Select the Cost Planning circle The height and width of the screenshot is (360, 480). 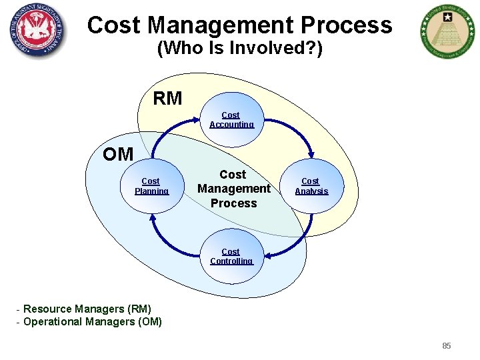tap(151, 186)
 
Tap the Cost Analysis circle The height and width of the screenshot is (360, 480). tap(311, 186)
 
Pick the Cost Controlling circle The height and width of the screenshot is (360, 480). tap(231, 256)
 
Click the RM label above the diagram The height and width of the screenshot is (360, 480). tap(167, 99)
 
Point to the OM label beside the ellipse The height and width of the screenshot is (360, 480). tap(118, 155)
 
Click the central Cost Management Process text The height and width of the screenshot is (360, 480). tap(233, 189)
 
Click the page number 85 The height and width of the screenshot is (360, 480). tap(447, 345)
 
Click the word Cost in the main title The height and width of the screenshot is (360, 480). tap(114, 25)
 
